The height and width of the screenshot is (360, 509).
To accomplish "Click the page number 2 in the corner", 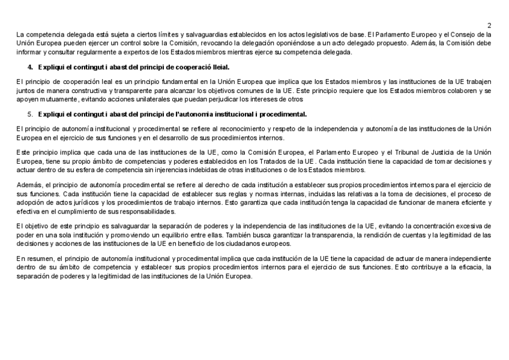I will click(x=489, y=25).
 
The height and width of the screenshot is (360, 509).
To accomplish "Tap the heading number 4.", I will click(x=31, y=67).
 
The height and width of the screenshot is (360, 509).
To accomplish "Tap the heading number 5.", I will click(x=31, y=113).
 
